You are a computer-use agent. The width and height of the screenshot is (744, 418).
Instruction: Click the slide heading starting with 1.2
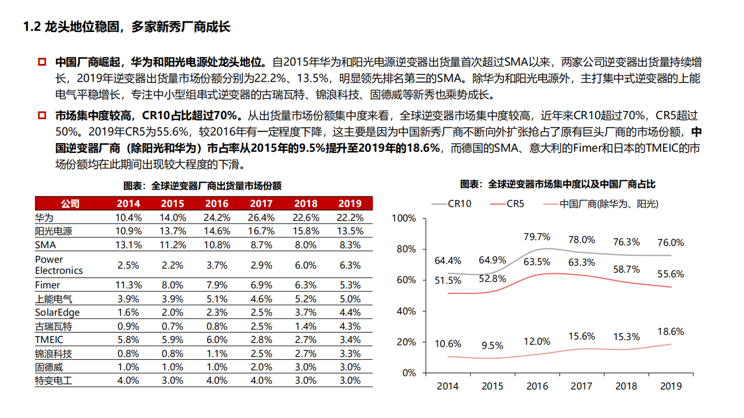(126, 27)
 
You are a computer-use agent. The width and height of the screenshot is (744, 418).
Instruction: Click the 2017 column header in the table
(261, 203)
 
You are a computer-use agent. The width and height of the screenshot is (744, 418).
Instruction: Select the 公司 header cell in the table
(70, 203)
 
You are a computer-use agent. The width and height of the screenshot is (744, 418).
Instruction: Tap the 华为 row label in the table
(44, 218)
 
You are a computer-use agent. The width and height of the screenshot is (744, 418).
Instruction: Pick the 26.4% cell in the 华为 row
(261, 218)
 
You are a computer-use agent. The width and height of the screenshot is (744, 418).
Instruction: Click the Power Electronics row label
(59, 265)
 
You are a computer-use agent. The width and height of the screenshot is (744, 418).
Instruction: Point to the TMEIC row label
(49, 340)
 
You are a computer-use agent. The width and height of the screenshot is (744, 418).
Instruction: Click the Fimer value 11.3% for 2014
(128, 285)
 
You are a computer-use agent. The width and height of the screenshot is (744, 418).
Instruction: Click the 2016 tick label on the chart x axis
(537, 386)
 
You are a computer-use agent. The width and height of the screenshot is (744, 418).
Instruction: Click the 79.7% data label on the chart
(537, 237)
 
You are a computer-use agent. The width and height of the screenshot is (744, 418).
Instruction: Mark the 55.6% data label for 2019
(671, 274)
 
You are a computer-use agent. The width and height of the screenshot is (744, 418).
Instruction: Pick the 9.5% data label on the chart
(492, 345)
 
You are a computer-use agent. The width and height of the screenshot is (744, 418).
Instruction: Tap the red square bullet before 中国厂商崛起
(42, 62)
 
